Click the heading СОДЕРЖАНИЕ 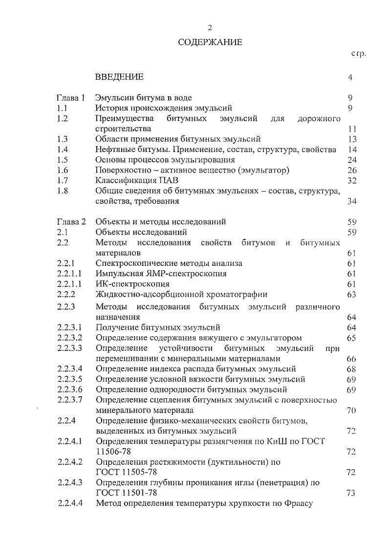[x=210, y=42]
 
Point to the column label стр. [x=358, y=53]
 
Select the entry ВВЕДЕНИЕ [x=119, y=77]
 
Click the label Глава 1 [x=71, y=97]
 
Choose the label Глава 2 [x=71, y=221]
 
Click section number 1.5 [x=62, y=160]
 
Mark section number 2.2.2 [x=65, y=294]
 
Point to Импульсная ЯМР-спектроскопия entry [x=161, y=274]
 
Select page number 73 [x=350, y=493]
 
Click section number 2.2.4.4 [x=70, y=503]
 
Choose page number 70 [x=350, y=410]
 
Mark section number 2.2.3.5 [x=70, y=379]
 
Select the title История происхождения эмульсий [x=164, y=108]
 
